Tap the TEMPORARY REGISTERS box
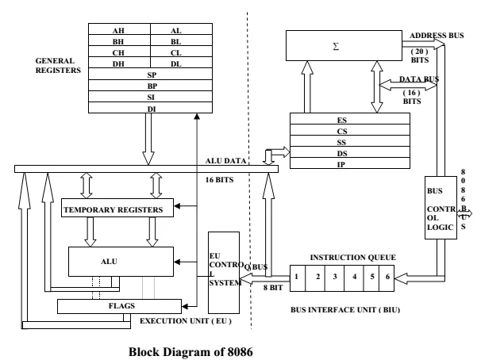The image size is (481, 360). (117, 209)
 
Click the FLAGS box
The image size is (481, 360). (117, 305)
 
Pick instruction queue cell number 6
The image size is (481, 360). (386, 278)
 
